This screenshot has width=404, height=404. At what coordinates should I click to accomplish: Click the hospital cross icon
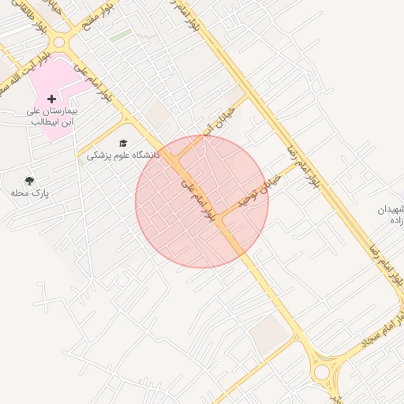(51, 99)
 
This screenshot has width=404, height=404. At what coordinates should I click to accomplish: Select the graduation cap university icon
(122, 143)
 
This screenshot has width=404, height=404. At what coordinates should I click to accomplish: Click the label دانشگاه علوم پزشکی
(123, 155)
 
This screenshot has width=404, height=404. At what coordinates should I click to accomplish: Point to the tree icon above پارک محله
(29, 181)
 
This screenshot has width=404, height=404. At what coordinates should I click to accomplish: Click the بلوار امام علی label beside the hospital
(94, 84)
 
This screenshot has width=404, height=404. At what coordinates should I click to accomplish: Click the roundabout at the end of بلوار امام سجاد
(323, 372)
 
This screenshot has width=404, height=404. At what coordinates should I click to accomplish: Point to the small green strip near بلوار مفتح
(120, 36)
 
